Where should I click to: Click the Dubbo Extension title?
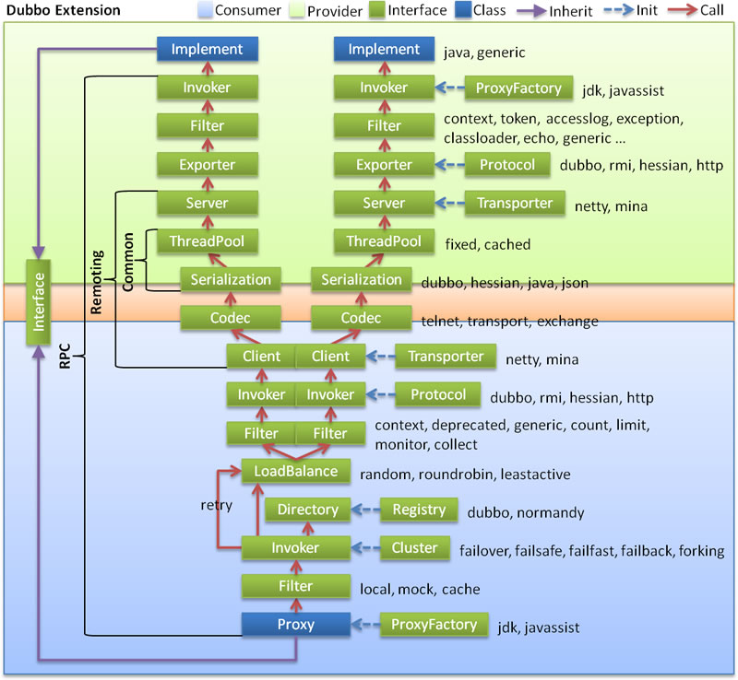pyautogui.click(x=64, y=10)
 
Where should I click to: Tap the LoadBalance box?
pyautogui.click(x=290, y=472)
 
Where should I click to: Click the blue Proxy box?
pyautogui.click(x=295, y=625)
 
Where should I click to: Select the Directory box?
pyautogui.click(x=308, y=510)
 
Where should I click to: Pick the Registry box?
pyautogui.click(x=419, y=510)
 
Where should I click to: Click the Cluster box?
pyautogui.click(x=414, y=548)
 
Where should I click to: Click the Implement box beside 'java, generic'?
pyautogui.click(x=383, y=50)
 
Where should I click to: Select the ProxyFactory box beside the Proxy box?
pyautogui.click(x=434, y=625)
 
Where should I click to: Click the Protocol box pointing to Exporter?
pyautogui.click(x=507, y=165)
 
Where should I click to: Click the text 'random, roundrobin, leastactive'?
pyautogui.click(x=465, y=475)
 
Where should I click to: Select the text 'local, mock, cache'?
pyautogui.click(x=420, y=589)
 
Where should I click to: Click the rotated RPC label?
pyautogui.click(x=65, y=357)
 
